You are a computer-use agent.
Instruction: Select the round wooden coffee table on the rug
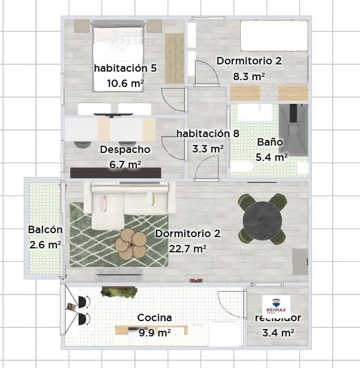pyautogui.click(x=131, y=244)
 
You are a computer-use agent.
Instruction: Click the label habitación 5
pyautogui.click(x=125, y=68)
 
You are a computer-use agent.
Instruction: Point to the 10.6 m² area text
pyautogui.click(x=125, y=83)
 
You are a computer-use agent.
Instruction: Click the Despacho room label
pyautogui.click(x=125, y=150)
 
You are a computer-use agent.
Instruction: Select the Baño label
pyautogui.click(x=270, y=142)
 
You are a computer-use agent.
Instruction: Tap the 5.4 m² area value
pyautogui.click(x=272, y=157)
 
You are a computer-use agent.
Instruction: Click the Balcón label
pyautogui.click(x=45, y=230)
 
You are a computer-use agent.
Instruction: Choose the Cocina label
pyautogui.click(x=154, y=318)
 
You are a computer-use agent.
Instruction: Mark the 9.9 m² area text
pyautogui.click(x=154, y=333)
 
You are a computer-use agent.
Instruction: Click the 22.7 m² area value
pyautogui.click(x=188, y=248)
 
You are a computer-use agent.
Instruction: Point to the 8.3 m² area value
pyautogui.click(x=249, y=75)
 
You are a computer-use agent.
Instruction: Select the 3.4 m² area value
pyautogui.click(x=277, y=333)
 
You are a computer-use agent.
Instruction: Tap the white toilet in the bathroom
pyautogui.click(x=241, y=167)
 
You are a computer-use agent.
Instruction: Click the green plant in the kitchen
pyautogui.click(x=119, y=292)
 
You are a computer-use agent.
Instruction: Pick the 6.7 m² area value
pyautogui.click(x=125, y=164)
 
